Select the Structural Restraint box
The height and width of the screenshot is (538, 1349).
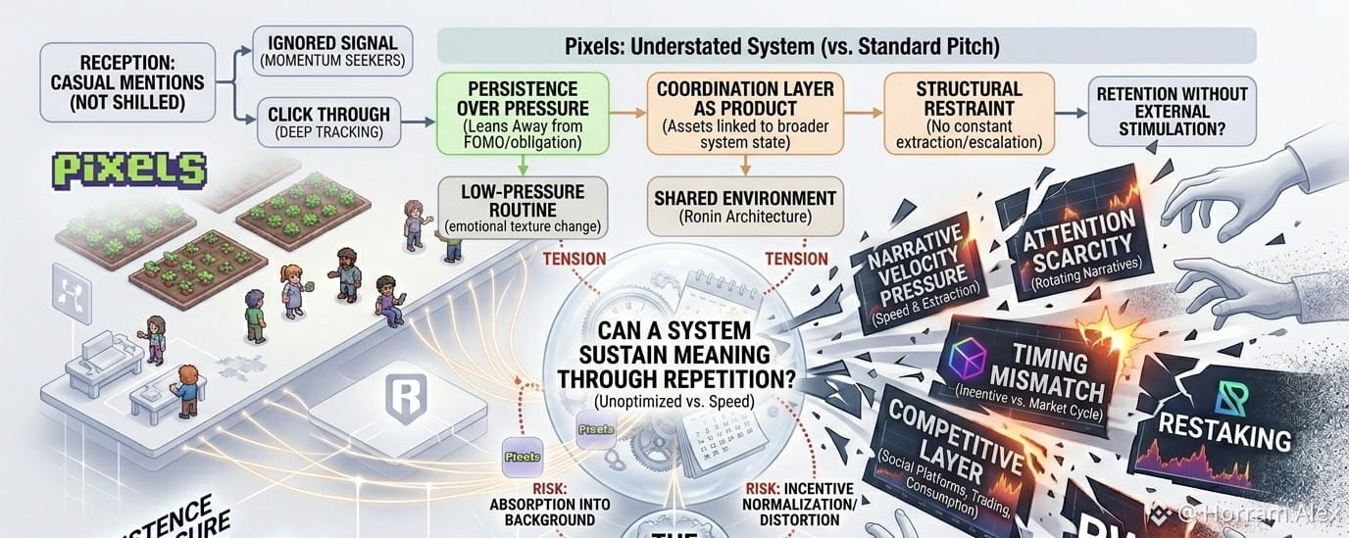point(968,114)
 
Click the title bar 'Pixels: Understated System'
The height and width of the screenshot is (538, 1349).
point(845,45)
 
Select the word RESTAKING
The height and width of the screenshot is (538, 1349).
point(1224,429)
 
